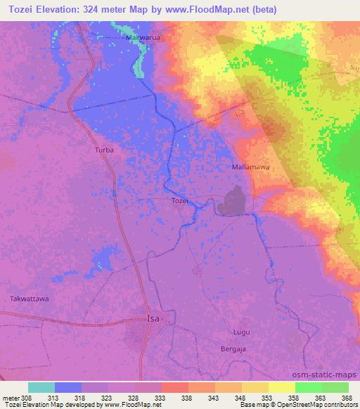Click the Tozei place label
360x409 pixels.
tap(180, 201)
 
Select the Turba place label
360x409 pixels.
tap(104, 150)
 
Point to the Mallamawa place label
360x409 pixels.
tap(250, 168)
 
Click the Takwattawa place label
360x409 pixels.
tap(29, 299)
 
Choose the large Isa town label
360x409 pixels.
tap(154, 318)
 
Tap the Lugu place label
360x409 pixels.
tap(241, 330)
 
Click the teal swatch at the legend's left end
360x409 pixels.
tap(41, 387)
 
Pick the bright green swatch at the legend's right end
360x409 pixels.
tap(335, 387)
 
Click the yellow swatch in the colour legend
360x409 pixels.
tap(281, 387)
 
